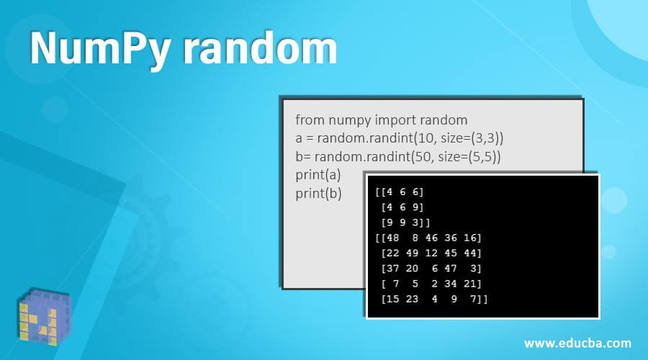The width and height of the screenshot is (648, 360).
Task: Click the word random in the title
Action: [x=260, y=49]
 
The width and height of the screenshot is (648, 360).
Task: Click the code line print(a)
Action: [x=318, y=174]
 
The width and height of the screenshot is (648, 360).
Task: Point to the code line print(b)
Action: [x=318, y=193]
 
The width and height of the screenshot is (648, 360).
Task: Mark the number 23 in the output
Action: [x=413, y=298]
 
